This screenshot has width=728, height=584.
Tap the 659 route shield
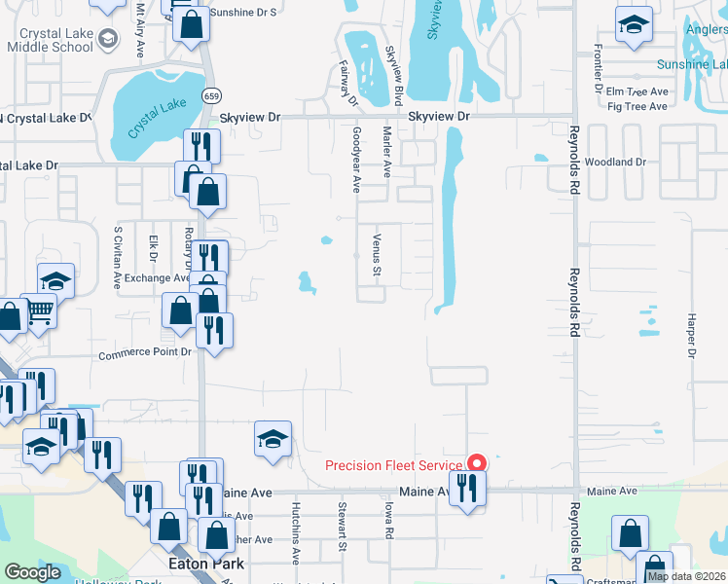point(211,95)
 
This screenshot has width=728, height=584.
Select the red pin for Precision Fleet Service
point(477,463)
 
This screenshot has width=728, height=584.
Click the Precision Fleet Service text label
point(394,465)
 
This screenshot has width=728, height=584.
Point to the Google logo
point(33,572)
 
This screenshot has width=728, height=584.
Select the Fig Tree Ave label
point(637,105)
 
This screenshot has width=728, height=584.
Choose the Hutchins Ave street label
point(295,533)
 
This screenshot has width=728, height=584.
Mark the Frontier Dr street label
point(597,67)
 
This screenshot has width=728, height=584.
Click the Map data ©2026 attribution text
point(686,576)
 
